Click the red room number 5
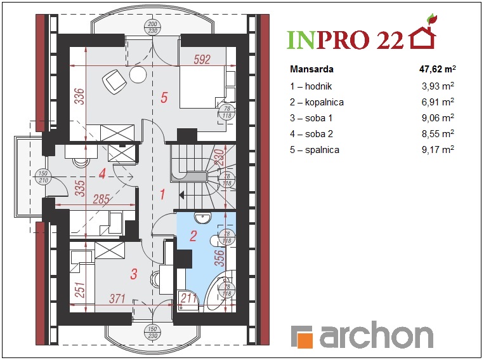(x=164, y=97)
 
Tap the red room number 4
(x=103, y=174)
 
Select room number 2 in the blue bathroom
(x=193, y=236)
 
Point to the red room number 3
(x=134, y=274)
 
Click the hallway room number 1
(x=162, y=195)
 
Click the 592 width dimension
(x=202, y=59)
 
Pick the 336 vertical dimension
(x=79, y=97)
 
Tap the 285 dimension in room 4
(x=101, y=199)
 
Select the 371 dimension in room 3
(x=117, y=298)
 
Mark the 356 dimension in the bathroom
(x=219, y=258)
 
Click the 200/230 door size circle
(x=152, y=27)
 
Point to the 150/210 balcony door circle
(x=43, y=177)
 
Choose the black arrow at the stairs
(x=182, y=195)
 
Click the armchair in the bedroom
(x=114, y=81)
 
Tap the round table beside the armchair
(x=138, y=74)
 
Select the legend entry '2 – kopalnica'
(x=317, y=102)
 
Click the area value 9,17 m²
(x=438, y=150)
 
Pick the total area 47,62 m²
(x=438, y=69)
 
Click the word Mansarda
(x=311, y=69)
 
